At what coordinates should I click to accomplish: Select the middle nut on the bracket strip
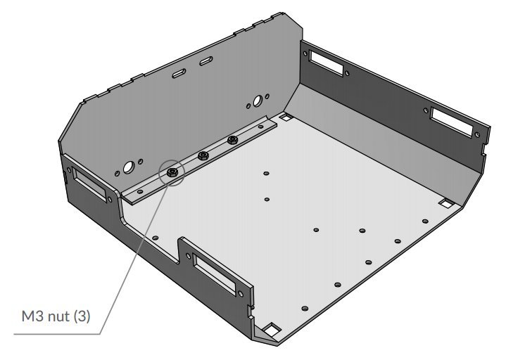[x=203, y=155]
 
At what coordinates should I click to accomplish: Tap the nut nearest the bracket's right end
[x=232, y=141]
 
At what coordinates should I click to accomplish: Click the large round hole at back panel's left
[x=129, y=167]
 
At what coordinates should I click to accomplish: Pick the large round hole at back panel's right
[x=258, y=98]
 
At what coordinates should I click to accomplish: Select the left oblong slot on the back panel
[x=179, y=73]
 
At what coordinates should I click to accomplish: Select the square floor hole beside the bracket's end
[x=285, y=118]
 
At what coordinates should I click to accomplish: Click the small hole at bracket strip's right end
[x=261, y=127]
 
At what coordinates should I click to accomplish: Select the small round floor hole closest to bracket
[x=266, y=173]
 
